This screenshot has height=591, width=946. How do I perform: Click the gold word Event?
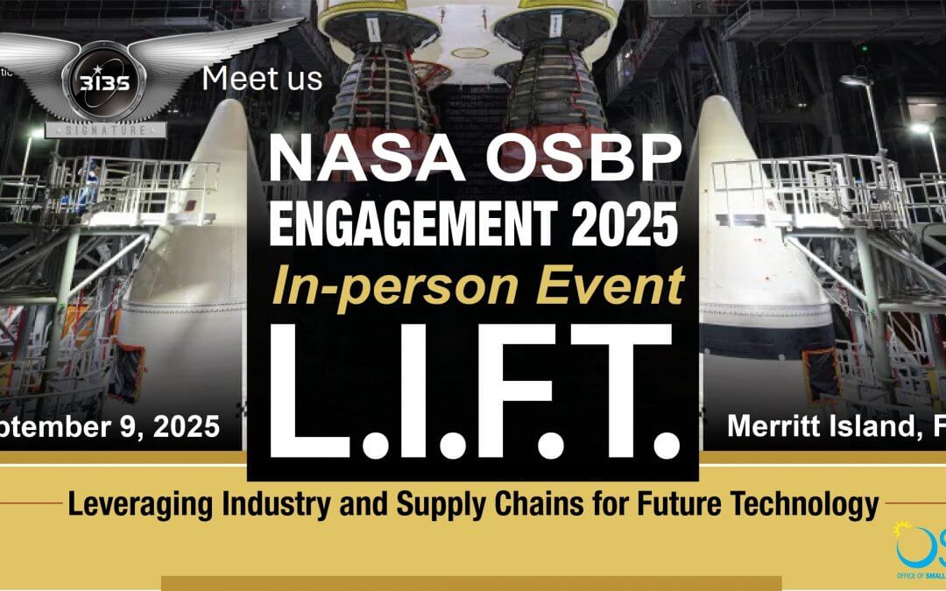pyautogui.click(x=609, y=285)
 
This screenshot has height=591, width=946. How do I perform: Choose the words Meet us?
pyautogui.click(x=262, y=79)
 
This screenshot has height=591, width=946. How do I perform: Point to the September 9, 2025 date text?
pyautogui.click(x=109, y=427)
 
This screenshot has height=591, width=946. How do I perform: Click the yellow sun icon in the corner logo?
pyautogui.click(x=901, y=530)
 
